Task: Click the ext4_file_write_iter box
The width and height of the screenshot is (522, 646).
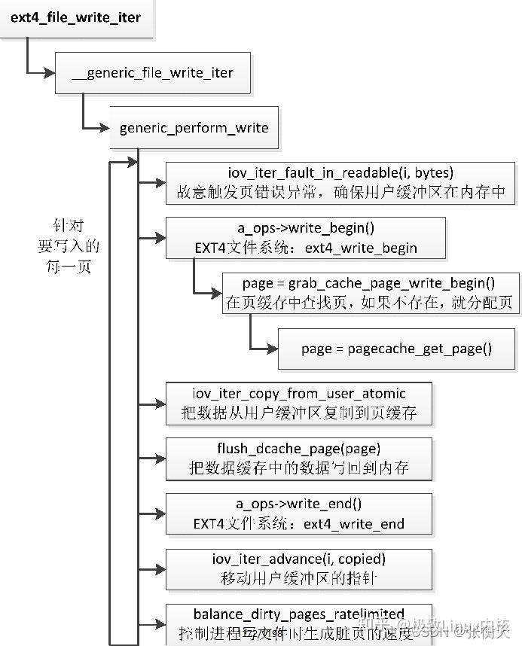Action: coord(75,17)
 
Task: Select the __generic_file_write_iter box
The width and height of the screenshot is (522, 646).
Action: coord(151,73)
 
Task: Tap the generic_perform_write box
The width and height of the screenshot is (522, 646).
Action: coord(194,128)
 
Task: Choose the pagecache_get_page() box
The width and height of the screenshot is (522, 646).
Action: coord(395,348)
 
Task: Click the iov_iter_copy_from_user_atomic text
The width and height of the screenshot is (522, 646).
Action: coord(299,393)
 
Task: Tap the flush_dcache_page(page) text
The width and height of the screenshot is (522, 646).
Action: coord(299,449)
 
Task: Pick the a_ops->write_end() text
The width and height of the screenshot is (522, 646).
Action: coord(299,504)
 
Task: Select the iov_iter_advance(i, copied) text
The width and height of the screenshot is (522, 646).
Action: coord(299,559)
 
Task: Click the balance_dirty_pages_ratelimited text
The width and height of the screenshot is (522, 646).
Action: coord(299,614)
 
